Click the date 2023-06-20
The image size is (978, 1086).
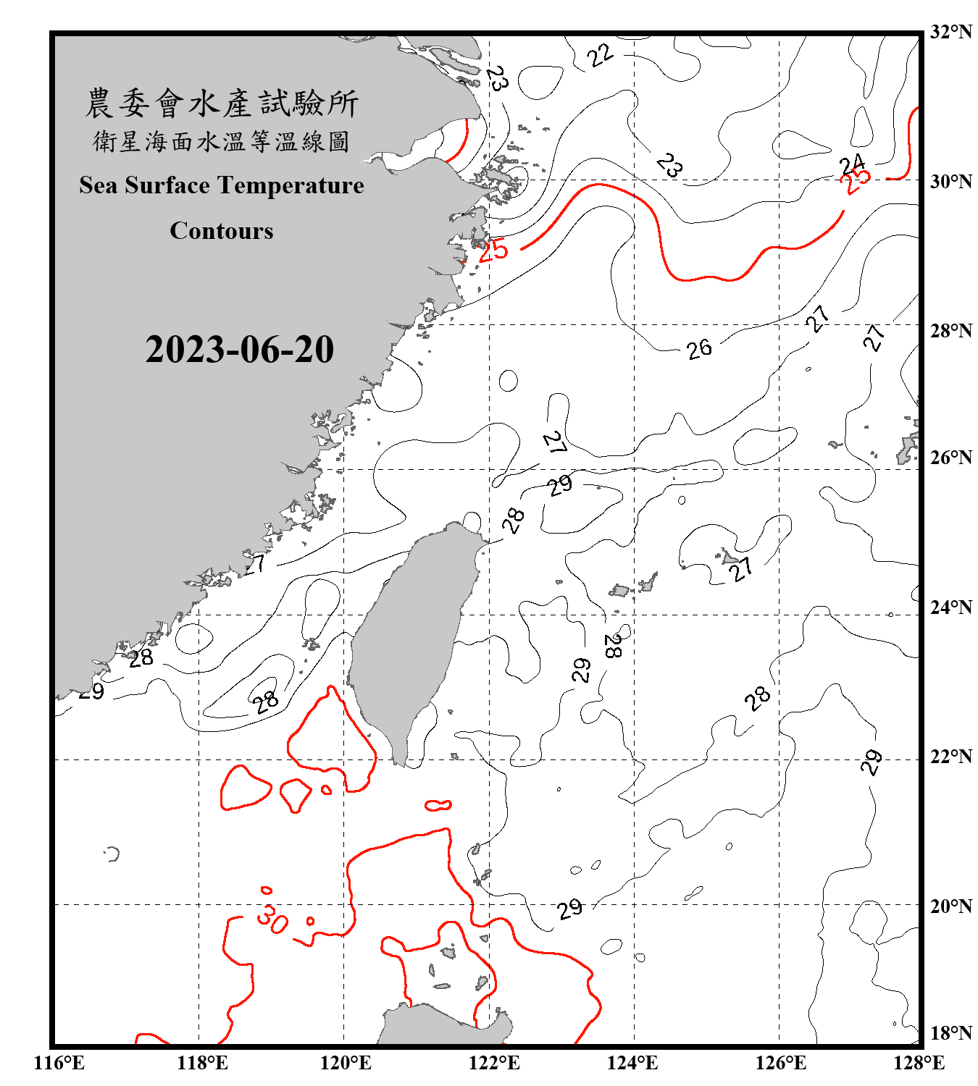pos(239,350)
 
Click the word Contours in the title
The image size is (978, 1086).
pos(222,231)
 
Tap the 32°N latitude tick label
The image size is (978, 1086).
pos(951,32)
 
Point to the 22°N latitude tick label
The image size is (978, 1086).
pos(951,757)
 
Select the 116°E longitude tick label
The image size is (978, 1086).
pos(59,1063)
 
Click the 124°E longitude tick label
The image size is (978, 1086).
pos(632,1063)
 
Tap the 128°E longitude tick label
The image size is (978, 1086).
pos(919,1063)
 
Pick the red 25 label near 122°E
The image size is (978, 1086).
pos(493,251)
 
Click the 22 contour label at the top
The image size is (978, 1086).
pos(601,55)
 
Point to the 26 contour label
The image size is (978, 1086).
pos(699,349)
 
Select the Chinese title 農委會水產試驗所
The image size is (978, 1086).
pos(222,104)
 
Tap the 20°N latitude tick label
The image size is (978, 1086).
pos(951,906)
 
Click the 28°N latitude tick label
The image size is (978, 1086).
pos(951,331)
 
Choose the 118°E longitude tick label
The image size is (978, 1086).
pos(202,1063)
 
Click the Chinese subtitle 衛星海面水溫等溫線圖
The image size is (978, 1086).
pos(222,141)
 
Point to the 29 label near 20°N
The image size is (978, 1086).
pos(569,908)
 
